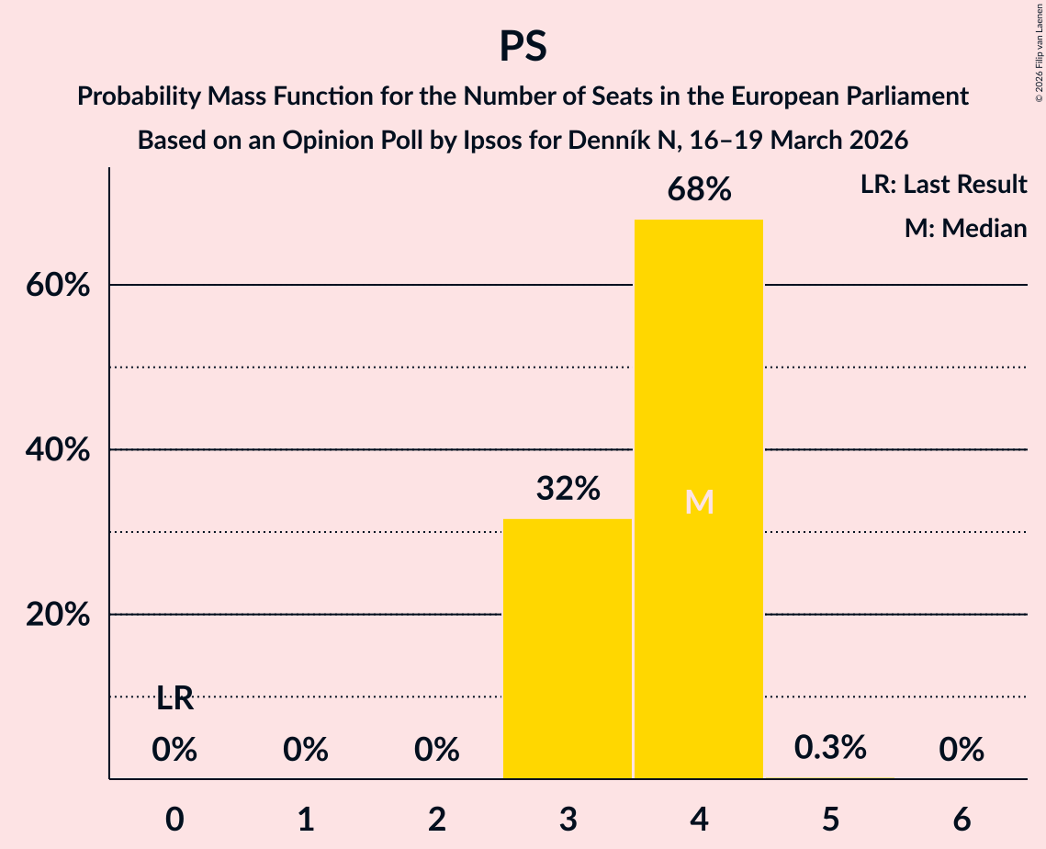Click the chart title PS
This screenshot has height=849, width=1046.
(x=523, y=46)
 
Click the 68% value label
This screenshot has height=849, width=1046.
(x=699, y=190)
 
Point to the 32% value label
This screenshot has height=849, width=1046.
(x=568, y=489)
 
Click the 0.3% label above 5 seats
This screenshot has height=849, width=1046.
(x=830, y=748)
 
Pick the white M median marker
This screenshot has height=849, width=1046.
(x=699, y=502)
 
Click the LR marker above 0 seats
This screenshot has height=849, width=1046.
(x=174, y=698)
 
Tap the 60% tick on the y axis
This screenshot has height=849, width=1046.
(x=57, y=286)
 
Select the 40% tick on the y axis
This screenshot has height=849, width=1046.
(x=57, y=450)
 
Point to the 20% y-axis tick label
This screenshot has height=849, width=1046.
(x=57, y=615)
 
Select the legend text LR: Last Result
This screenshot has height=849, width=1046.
(x=943, y=185)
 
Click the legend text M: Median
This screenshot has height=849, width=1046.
(x=965, y=228)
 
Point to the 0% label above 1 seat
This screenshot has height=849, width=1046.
(x=306, y=751)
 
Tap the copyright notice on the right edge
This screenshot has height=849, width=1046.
(x=1039, y=55)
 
